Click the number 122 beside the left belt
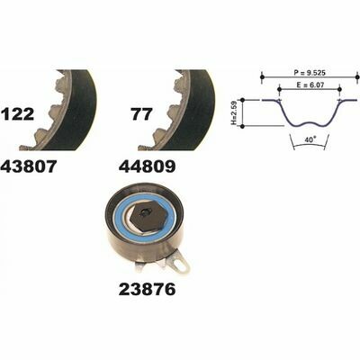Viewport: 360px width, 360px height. tap(18, 114)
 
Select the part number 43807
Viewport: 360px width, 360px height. tap(29, 166)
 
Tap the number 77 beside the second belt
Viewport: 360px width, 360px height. tap(142, 114)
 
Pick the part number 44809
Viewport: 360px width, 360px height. tap(147, 166)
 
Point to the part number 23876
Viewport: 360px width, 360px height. tap(147, 290)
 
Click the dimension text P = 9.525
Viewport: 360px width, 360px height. tap(309, 73)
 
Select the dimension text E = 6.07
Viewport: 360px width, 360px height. tap(309, 85)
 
